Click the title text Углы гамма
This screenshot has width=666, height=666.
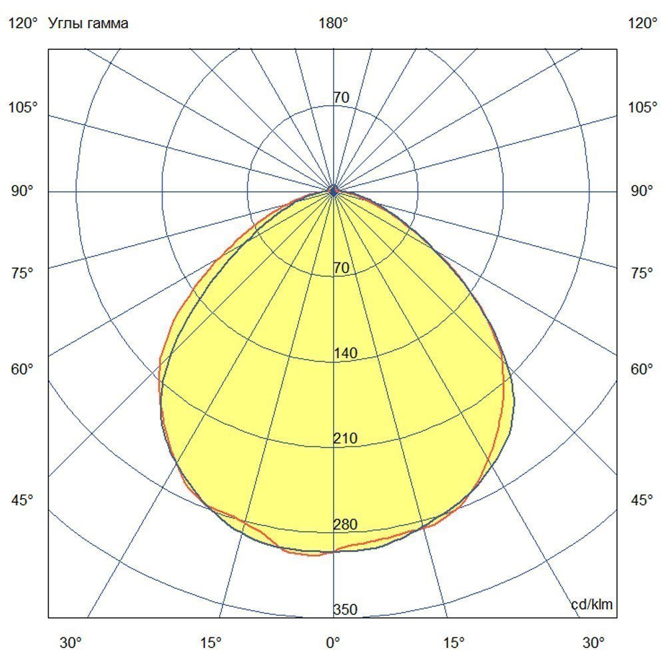coord(89,24)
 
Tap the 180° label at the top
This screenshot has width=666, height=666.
coord(333,24)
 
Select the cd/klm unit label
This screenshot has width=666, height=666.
coord(592,605)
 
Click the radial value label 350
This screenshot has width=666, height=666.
coord(346,610)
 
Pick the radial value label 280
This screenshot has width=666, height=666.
coord(346,525)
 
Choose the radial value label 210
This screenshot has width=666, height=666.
coord(346,439)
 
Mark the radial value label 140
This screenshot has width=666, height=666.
coord(346,354)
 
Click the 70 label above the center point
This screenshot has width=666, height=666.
coord(341,98)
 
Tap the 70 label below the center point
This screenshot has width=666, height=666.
coord(341,268)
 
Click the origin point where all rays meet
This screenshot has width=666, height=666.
coord(334,192)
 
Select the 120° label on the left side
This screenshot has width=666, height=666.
coord(23,24)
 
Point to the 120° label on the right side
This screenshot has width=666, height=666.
coord(643,24)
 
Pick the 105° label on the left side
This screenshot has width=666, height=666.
coord(23,107)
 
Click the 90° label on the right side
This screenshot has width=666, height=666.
coord(643,192)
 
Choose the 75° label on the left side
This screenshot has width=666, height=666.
coord(23,273)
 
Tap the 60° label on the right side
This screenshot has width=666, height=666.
coord(643,370)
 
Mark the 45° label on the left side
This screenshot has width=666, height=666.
coord(23,500)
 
